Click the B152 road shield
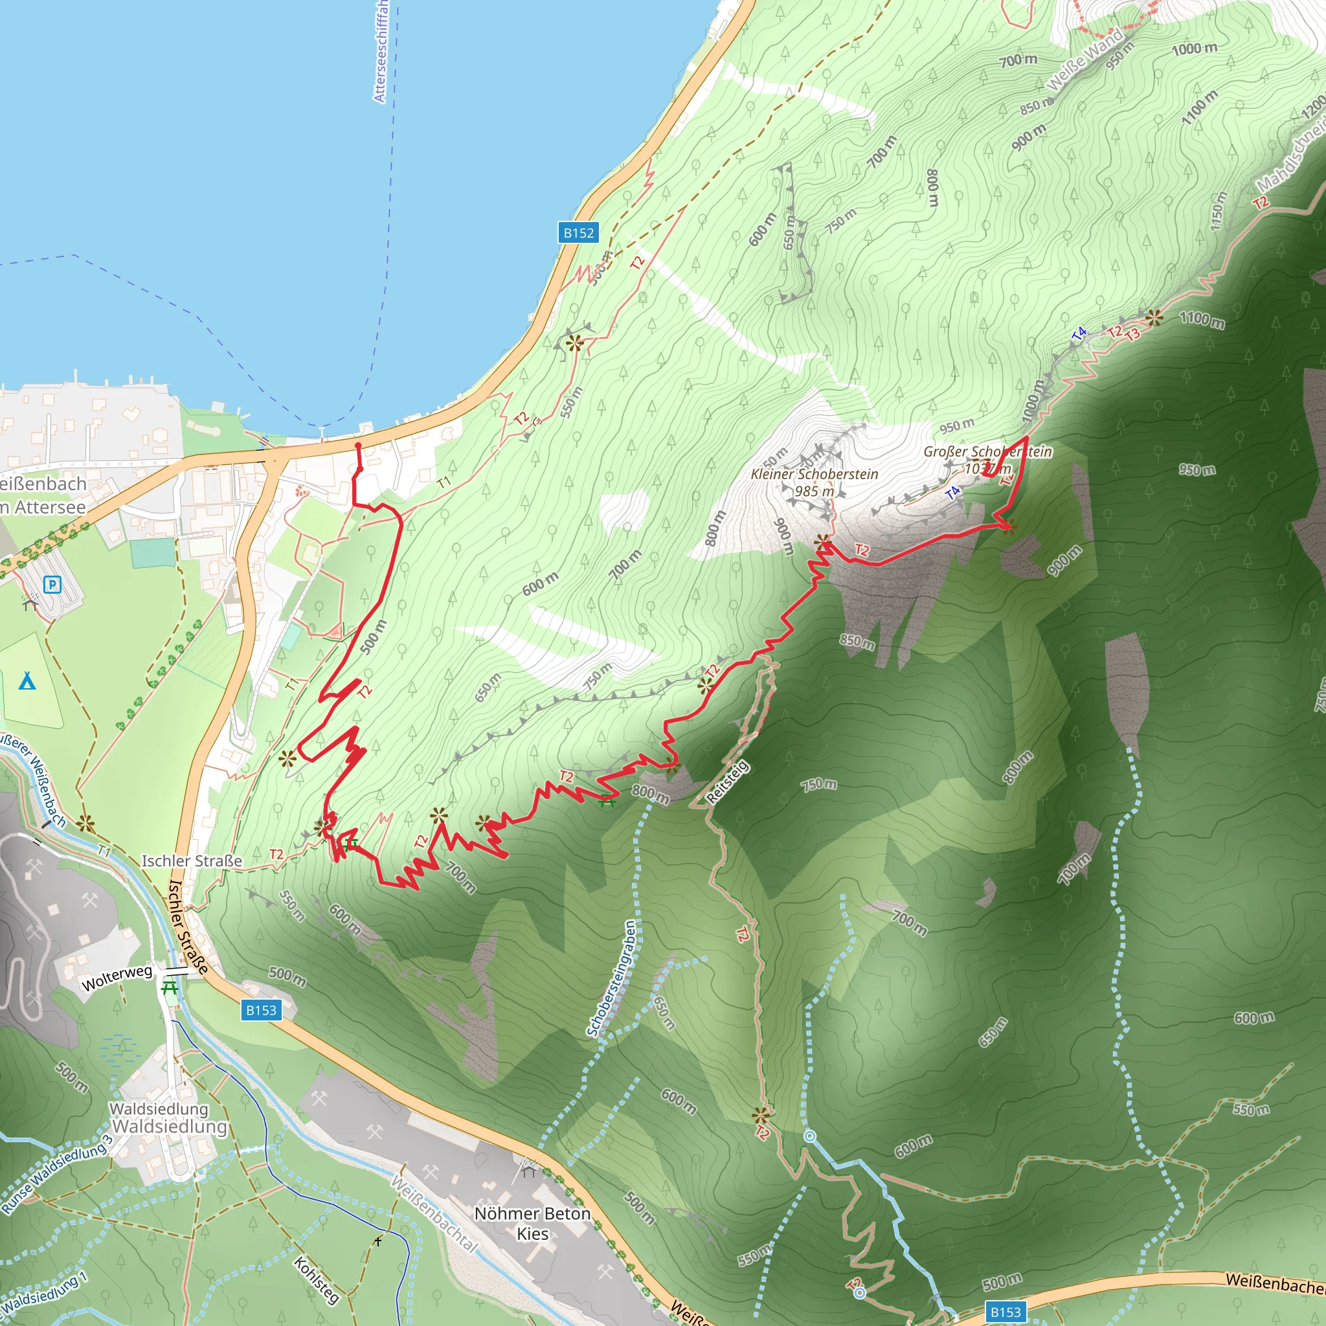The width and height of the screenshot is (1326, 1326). pyautogui.click(x=578, y=232)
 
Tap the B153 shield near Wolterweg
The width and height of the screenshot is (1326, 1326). pyautogui.click(x=261, y=1009)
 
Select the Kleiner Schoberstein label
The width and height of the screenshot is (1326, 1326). pyautogui.click(x=814, y=473)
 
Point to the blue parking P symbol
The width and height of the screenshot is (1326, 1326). pyautogui.click(x=52, y=585)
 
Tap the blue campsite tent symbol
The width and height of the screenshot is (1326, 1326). pyautogui.click(x=27, y=681)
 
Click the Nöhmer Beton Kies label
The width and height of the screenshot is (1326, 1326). pyautogui.click(x=532, y=1223)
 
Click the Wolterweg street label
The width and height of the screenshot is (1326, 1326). pyautogui.click(x=117, y=977)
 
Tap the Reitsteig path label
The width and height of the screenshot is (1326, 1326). pyautogui.click(x=728, y=782)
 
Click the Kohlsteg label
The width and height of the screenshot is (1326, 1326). pyautogui.click(x=317, y=1280)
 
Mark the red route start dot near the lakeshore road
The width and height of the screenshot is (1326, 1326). pyautogui.click(x=357, y=446)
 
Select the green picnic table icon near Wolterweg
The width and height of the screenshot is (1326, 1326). pyautogui.click(x=170, y=987)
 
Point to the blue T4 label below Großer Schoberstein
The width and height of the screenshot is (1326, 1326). pyautogui.click(x=952, y=492)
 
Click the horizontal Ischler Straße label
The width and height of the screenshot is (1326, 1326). pyautogui.click(x=192, y=860)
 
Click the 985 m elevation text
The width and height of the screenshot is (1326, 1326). pyautogui.click(x=814, y=491)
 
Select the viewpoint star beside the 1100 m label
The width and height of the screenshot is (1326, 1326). pyautogui.click(x=1154, y=317)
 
